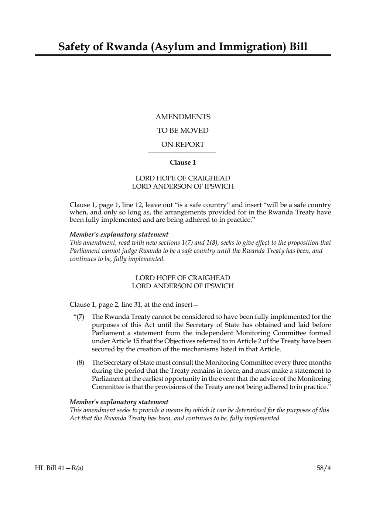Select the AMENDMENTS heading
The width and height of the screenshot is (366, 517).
[x=183, y=117]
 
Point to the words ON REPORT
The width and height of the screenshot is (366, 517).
[x=183, y=145]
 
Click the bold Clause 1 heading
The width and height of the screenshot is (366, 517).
[x=183, y=162]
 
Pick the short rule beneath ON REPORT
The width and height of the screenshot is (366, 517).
[x=182, y=152]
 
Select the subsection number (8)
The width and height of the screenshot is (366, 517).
[x=80, y=362]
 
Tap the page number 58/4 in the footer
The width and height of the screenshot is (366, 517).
[x=324, y=468]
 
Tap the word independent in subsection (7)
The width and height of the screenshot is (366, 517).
[x=212, y=333]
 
